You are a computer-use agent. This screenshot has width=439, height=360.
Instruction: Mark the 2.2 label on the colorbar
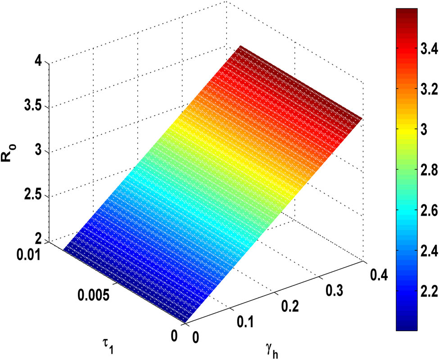421,292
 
